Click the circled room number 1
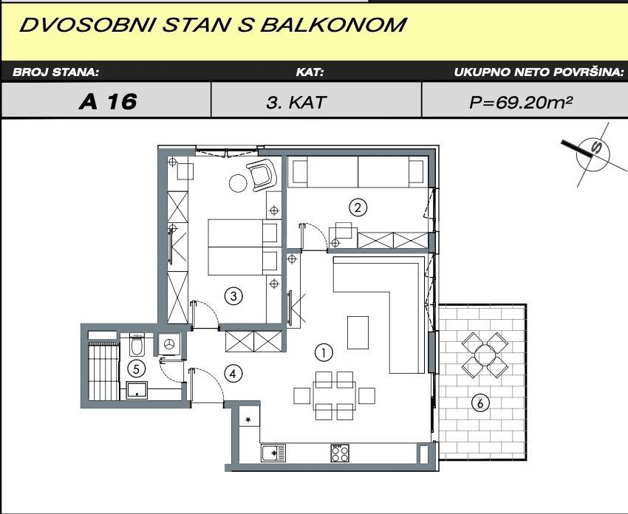(324, 353)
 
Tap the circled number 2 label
(358, 208)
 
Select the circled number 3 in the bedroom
(233, 296)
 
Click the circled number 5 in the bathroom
(136, 369)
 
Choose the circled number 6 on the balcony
(479, 402)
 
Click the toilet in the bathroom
(137, 346)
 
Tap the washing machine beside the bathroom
(169, 344)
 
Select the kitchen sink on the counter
(273, 453)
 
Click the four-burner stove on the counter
(340, 453)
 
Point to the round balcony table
(485, 354)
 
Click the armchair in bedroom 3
(262, 175)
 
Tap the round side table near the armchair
(239, 183)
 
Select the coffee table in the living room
(358, 332)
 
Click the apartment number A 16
(108, 102)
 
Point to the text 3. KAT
(296, 103)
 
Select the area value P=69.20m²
(520, 103)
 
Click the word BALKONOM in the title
(333, 25)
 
